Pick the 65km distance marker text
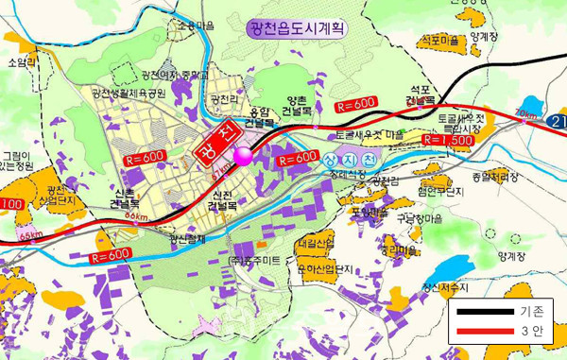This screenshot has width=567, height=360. (30, 234)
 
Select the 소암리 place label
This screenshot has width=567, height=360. (20, 62)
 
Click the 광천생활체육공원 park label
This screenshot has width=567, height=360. (129, 94)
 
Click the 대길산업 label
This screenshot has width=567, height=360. (315, 244)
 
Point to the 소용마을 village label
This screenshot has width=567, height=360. (197, 26)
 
